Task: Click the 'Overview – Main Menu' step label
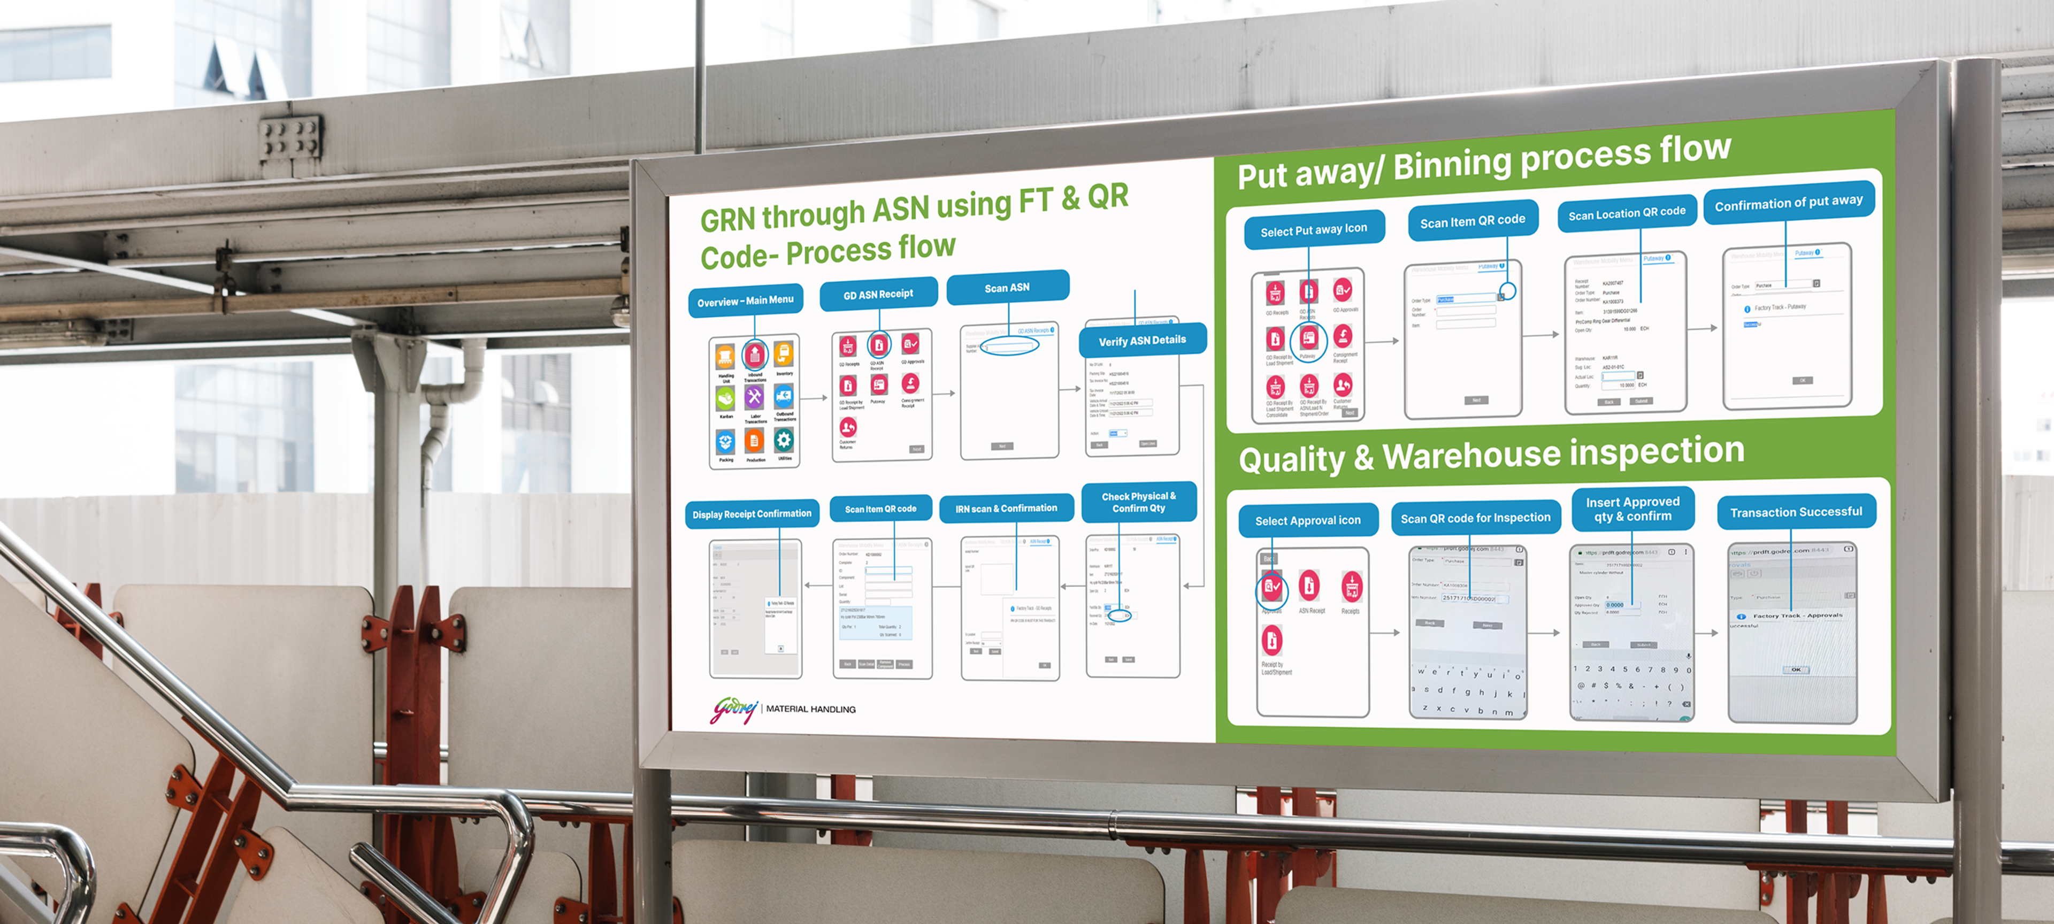point(745,301)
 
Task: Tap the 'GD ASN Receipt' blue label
point(878,294)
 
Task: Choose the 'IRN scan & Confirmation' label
point(1006,509)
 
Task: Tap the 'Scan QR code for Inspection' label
point(1475,518)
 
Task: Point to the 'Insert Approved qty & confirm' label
point(1632,509)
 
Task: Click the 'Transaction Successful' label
point(1795,512)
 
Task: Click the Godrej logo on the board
point(733,709)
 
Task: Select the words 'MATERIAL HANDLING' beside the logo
point(810,709)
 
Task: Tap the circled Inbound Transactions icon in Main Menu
point(754,355)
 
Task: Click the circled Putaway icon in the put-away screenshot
point(1308,341)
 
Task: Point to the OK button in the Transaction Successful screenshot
point(1795,669)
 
